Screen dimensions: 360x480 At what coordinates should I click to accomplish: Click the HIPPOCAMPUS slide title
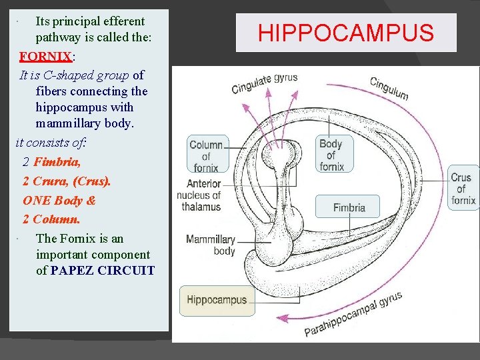(346, 33)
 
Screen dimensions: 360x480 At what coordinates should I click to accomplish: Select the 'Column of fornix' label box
(207, 155)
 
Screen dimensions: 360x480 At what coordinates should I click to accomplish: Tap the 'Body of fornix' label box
(331, 155)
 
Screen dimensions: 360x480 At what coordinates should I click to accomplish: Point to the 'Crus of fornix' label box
(462, 189)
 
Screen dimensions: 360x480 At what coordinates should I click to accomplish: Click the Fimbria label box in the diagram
(349, 207)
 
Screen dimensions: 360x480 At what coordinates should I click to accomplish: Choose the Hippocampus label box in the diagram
(216, 300)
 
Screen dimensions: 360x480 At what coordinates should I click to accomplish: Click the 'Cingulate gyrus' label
(264, 83)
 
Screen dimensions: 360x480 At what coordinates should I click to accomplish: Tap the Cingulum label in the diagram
(389, 88)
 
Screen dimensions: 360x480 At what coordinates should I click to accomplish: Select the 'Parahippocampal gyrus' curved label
(353, 314)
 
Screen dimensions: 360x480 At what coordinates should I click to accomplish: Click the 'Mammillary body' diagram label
(211, 245)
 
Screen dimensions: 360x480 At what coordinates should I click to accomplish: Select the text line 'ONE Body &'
(59, 200)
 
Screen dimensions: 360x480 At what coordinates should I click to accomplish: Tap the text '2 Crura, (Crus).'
(67, 181)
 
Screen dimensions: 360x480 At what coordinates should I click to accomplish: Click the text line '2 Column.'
(51, 219)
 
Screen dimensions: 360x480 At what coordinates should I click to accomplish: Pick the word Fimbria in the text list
(57, 161)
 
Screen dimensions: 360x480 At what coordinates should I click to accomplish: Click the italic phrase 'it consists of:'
(51, 142)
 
